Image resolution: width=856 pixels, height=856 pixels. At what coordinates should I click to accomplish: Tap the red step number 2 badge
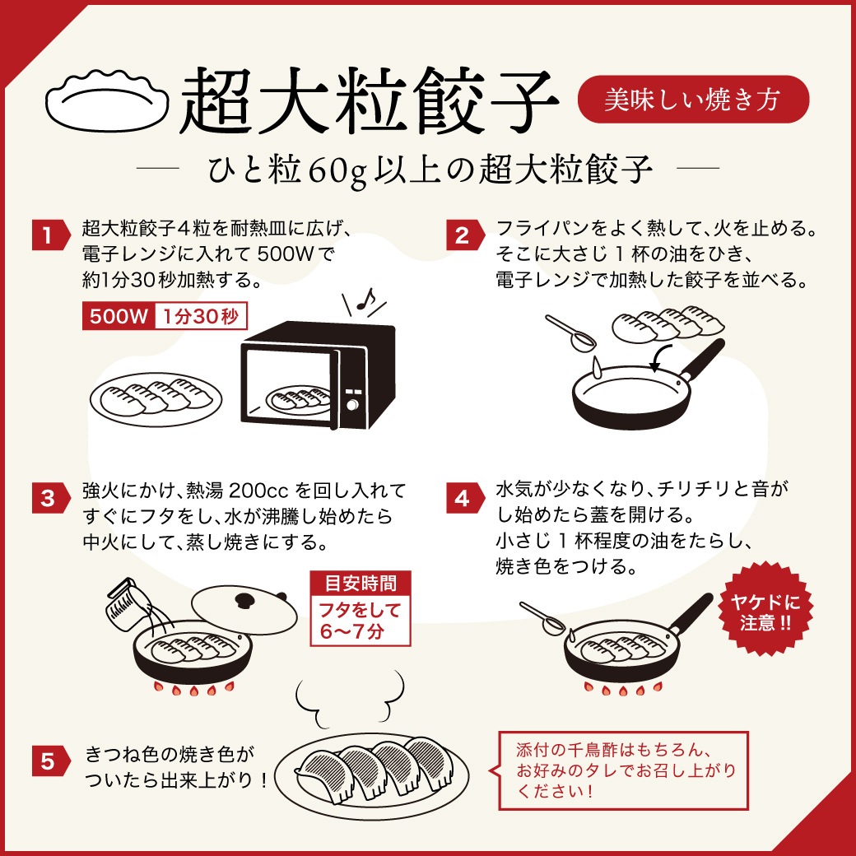[462, 235]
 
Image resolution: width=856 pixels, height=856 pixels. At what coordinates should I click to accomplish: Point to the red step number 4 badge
[462, 498]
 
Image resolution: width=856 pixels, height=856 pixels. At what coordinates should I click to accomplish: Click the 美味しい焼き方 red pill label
[693, 100]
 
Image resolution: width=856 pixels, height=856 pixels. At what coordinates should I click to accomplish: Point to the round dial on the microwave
[352, 406]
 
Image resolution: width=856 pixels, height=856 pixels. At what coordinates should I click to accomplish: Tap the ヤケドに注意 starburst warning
[765, 611]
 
